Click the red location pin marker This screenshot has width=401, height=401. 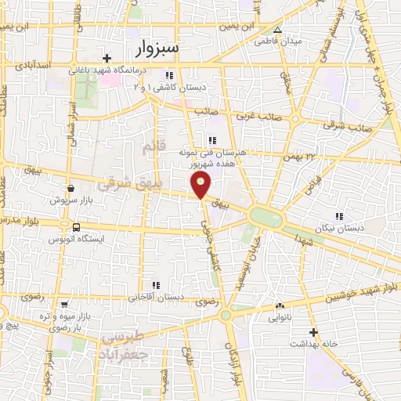point(201,185)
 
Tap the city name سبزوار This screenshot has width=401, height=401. point(157,49)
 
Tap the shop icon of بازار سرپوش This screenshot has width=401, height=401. point(71,188)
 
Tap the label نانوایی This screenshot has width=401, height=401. point(280,319)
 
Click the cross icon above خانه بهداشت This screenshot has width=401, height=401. point(312,332)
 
